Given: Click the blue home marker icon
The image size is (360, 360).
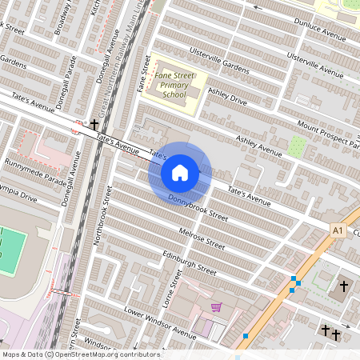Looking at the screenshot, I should (180, 172).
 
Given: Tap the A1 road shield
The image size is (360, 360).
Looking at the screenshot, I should (338, 230).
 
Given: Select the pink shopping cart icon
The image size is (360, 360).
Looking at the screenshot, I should (216, 307).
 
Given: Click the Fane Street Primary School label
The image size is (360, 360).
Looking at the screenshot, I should (174, 83).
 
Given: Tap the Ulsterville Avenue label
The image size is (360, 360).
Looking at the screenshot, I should (310, 66).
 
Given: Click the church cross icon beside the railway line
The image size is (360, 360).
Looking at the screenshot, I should (95, 125).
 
